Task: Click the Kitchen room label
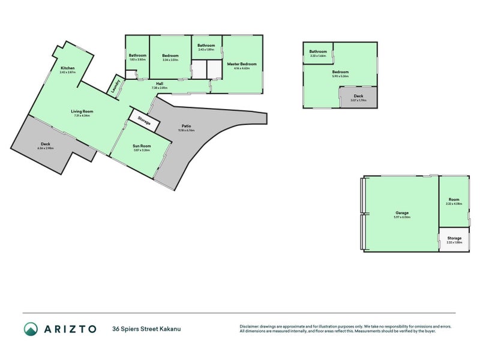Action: pyautogui.click(x=67, y=68)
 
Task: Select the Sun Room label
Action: pyautogui.click(x=142, y=146)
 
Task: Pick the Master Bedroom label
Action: pyautogui.click(x=241, y=64)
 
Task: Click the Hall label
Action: pyautogui.click(x=160, y=83)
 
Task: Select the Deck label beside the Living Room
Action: pyautogui.click(x=46, y=143)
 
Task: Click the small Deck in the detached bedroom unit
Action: pyautogui.click(x=358, y=95)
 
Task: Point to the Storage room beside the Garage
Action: pyautogui.click(x=454, y=238)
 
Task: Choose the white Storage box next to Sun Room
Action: pyautogui.click(x=144, y=122)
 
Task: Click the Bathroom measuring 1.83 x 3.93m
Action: pyautogui.click(x=137, y=59)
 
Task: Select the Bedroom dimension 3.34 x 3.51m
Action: pyautogui.click(x=170, y=59)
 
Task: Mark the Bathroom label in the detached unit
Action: pyautogui.click(x=318, y=52)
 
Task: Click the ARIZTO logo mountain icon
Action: pyautogui.click(x=31, y=329)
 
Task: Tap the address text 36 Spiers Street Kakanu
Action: pyautogui.click(x=146, y=329)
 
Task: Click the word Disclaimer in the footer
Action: pyautogui.click(x=251, y=326)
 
